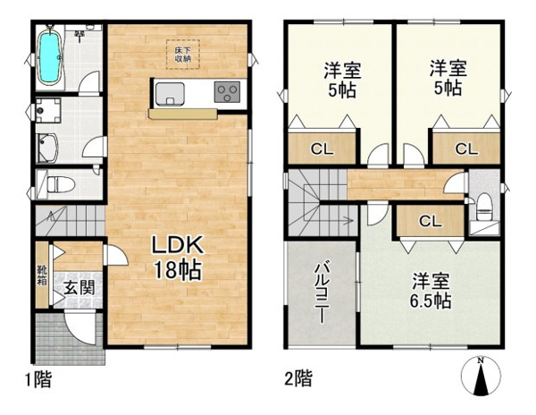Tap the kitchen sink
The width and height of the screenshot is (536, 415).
pyautogui.click(x=170, y=94)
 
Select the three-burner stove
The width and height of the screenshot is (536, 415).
pyautogui.click(x=227, y=92)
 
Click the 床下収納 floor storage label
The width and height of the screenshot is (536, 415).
pyautogui.click(x=183, y=55)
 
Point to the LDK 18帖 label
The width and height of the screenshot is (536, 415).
pyautogui.click(x=178, y=258)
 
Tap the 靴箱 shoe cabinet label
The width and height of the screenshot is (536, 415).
pyautogui.click(x=43, y=275)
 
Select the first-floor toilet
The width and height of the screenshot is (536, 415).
pyautogui.click(x=61, y=185)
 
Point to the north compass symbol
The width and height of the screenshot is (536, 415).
pyautogui.click(x=481, y=376)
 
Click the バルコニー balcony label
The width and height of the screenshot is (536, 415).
pyautogui.click(x=322, y=292)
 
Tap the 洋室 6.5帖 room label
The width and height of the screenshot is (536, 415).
pyautogui.click(x=431, y=291)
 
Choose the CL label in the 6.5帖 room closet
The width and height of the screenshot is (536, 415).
pyautogui.click(x=431, y=222)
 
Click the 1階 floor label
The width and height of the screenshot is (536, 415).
pyautogui.click(x=38, y=379)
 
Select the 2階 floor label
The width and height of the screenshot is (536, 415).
pyautogui.click(x=298, y=378)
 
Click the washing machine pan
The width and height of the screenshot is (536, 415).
pyautogui.click(x=48, y=111)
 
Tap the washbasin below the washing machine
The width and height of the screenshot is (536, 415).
pyautogui.click(x=48, y=148)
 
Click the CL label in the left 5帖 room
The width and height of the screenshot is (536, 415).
pyautogui.click(x=322, y=149)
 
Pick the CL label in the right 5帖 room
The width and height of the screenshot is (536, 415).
pyautogui.click(x=466, y=149)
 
